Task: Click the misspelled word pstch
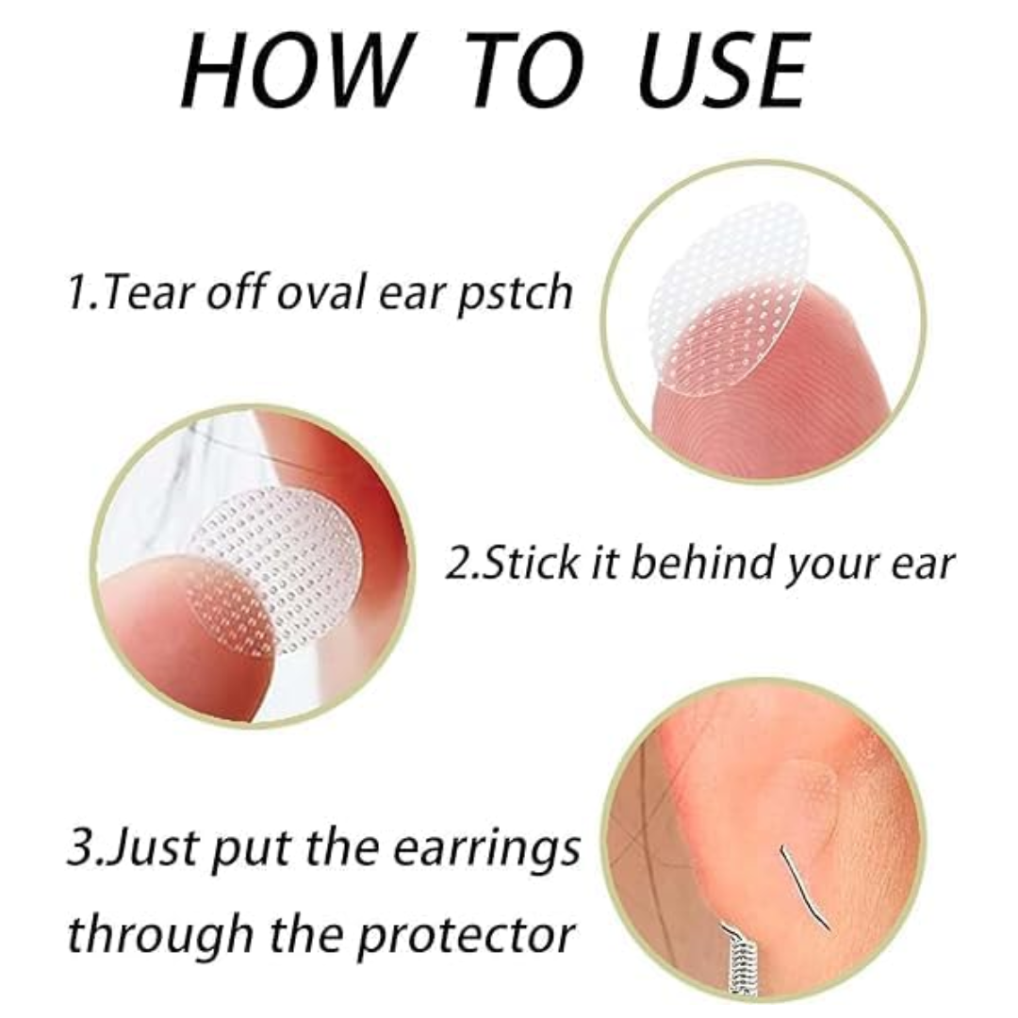coord(515,293)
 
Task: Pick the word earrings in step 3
coord(486,851)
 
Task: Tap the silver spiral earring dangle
coord(738,963)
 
